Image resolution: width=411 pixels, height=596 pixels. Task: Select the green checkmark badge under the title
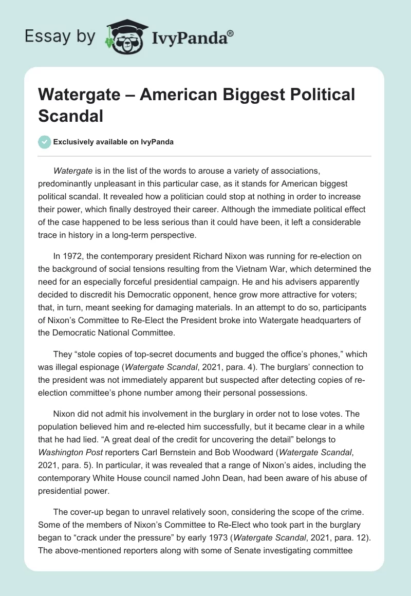point(45,142)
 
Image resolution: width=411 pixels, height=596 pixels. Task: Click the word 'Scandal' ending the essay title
point(71,116)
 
